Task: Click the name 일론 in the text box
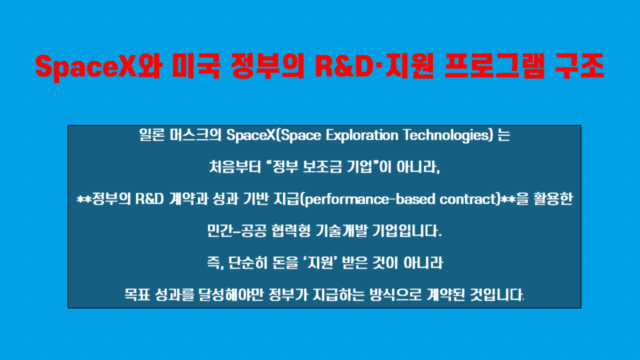click(x=152, y=135)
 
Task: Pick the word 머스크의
click(x=196, y=135)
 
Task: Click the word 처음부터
click(x=235, y=167)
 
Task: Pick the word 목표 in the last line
click(x=137, y=295)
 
